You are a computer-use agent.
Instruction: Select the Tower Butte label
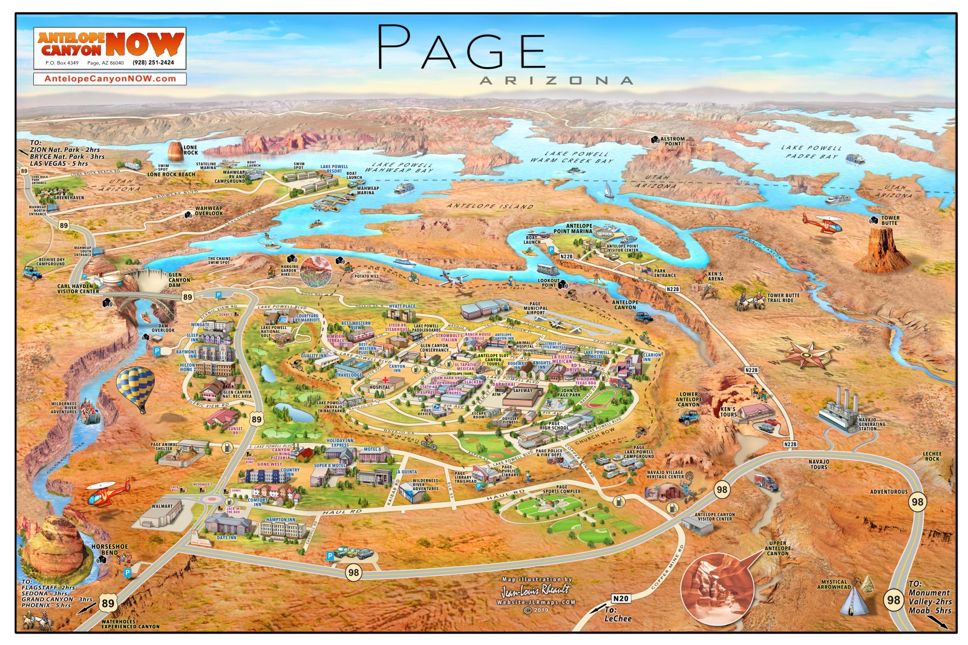pos(890,220)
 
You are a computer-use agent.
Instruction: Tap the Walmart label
pos(162,506)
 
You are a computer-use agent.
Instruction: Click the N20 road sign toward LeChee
pos(620,598)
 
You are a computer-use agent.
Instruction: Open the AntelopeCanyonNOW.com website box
pos(110,79)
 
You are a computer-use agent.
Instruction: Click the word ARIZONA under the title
pos(556,80)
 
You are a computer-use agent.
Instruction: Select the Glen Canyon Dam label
pos(179,280)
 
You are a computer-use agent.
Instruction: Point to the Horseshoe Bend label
pos(110,549)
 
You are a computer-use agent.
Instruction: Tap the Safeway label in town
pos(523,390)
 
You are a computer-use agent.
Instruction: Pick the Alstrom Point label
pos(673,141)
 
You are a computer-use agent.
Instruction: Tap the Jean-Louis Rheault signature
pos(536,589)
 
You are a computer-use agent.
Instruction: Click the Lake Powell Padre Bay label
pos(811,152)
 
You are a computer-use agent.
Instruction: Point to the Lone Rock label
pos(191,149)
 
